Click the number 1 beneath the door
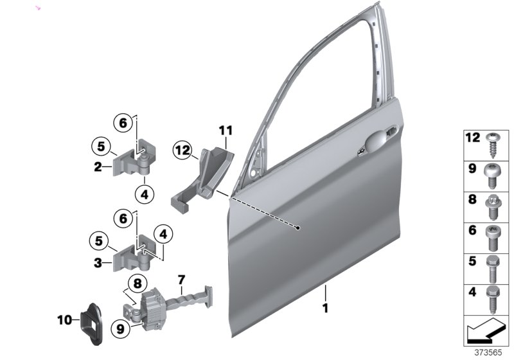[x=325, y=308]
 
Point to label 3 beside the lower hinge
[x=98, y=262]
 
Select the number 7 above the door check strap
[x=182, y=280]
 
